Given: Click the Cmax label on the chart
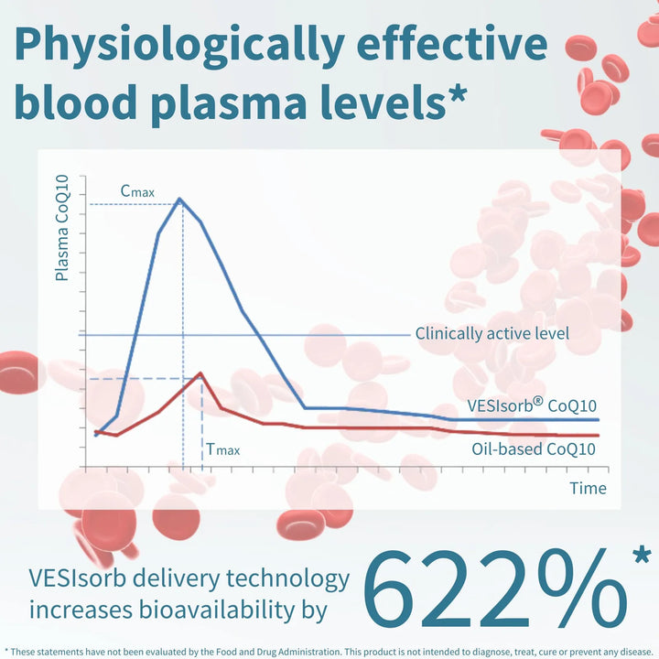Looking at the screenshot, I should pyautogui.click(x=137, y=191).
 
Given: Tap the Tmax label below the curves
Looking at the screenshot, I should pyautogui.click(x=223, y=449).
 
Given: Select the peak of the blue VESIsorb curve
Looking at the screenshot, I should pyautogui.click(x=179, y=199).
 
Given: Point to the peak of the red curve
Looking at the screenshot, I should pyautogui.click(x=200, y=373).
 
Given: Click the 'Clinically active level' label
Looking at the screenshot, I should pyautogui.click(x=492, y=333).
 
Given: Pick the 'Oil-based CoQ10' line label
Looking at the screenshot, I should pyautogui.click(x=534, y=448).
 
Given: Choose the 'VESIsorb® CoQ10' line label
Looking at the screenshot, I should pyautogui.click(x=531, y=406).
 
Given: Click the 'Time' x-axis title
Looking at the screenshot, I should pyautogui.click(x=588, y=488).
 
